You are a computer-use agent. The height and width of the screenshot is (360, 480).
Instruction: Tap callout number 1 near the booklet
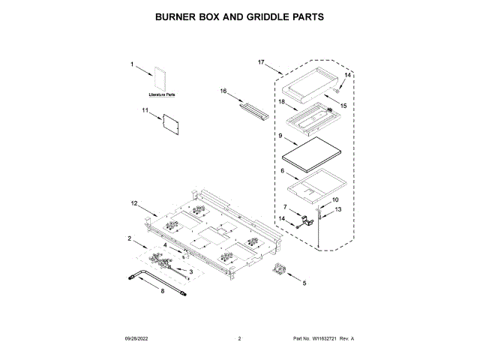[x=132, y=65]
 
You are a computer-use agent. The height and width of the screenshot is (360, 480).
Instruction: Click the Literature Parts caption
[x=160, y=95]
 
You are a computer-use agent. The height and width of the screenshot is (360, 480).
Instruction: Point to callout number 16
[x=223, y=91]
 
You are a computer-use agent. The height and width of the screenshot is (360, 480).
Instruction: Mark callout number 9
[x=280, y=136]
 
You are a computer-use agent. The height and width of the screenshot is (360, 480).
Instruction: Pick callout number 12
[x=134, y=203]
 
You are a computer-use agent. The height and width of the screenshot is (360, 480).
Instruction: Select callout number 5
[x=304, y=283]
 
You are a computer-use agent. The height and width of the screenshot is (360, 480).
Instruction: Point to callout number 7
[x=285, y=205]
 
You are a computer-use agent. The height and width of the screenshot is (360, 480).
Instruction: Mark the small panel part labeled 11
[x=172, y=123]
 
